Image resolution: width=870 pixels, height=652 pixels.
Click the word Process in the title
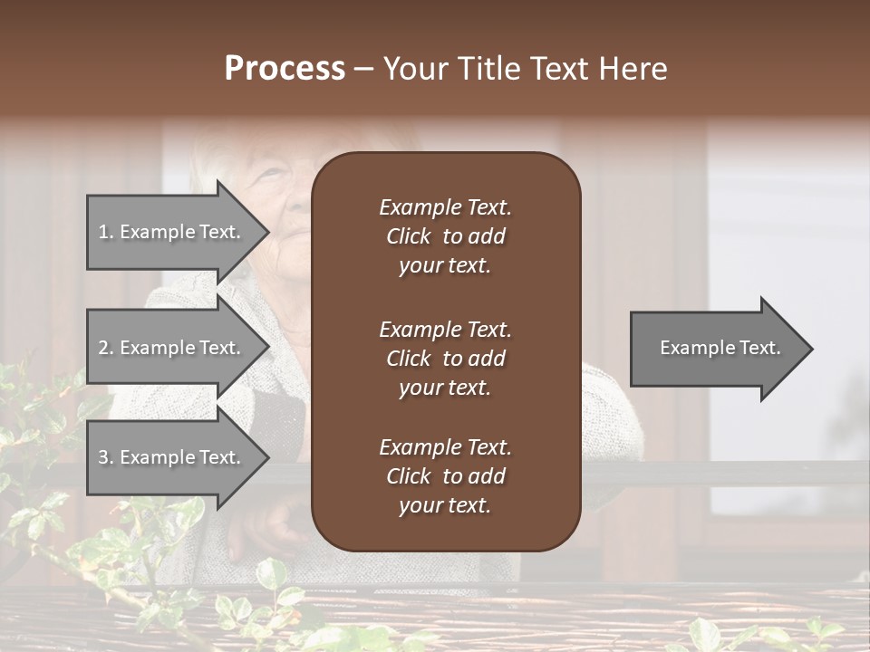(285, 69)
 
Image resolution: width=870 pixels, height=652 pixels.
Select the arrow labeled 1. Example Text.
(172, 232)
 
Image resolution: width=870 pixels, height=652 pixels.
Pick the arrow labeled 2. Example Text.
(172, 348)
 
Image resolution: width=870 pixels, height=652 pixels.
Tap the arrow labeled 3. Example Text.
(172, 457)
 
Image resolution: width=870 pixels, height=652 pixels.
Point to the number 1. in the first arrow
(106, 232)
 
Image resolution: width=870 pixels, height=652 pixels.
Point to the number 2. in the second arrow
(106, 348)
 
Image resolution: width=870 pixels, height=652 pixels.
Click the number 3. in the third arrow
(106, 457)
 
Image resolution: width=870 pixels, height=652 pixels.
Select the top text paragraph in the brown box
(445, 236)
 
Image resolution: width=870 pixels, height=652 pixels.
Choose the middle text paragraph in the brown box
(445, 358)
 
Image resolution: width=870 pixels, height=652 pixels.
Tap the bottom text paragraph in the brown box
(445, 476)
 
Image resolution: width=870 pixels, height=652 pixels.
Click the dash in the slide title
(363, 70)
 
